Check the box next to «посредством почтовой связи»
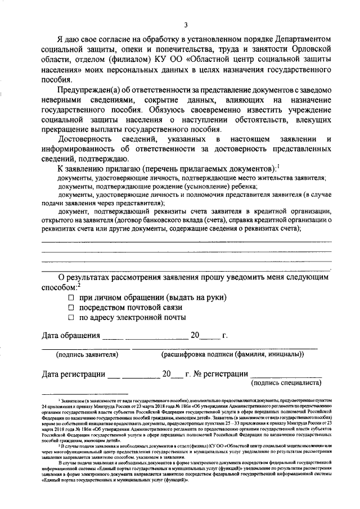pyautogui.click(x=71, y=308)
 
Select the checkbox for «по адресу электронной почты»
pyautogui.click(x=71, y=318)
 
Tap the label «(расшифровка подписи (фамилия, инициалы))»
pyautogui.click(x=232, y=354)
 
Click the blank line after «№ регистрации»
pyautogui.click(x=286, y=376)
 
